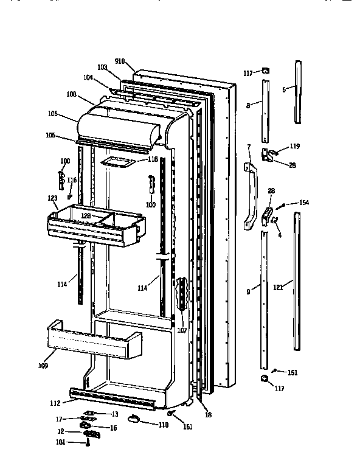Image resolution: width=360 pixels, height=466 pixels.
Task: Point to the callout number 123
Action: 52,198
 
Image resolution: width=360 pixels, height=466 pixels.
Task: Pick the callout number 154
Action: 305,203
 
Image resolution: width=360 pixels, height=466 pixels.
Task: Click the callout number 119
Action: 294,146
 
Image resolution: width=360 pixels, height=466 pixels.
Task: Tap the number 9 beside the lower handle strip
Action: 248,291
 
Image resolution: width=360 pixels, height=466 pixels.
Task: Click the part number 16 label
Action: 112,428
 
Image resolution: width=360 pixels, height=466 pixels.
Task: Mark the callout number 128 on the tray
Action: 86,216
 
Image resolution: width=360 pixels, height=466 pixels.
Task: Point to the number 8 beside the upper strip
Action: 247,105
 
